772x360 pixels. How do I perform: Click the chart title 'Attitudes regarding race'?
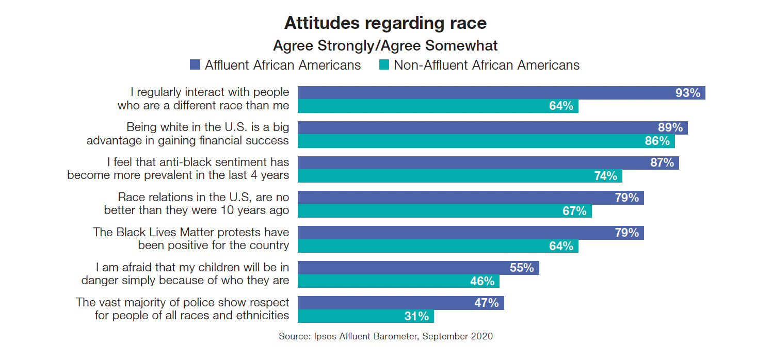point(385,23)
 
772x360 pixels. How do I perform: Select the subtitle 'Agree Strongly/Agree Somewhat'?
point(385,46)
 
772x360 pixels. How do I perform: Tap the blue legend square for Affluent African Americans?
point(195,65)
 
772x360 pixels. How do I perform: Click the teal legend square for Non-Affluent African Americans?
point(384,65)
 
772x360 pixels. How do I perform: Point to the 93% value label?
point(688,93)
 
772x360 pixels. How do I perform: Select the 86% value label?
point(657,141)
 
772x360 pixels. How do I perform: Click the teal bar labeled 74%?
point(459,176)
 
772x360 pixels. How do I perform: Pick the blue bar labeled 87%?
point(488,162)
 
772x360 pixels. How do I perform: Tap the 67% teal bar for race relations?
point(444,211)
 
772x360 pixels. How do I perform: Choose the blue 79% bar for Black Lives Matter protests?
point(470,233)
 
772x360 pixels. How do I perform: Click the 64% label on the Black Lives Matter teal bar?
point(561,246)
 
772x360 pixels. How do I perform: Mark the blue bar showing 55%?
point(418,268)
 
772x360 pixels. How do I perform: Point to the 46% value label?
point(482,281)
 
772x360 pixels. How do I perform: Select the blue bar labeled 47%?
point(400,303)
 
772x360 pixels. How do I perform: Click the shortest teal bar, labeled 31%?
point(365,316)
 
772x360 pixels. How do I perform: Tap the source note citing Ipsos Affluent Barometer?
point(385,336)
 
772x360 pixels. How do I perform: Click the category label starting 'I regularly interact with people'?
point(203,99)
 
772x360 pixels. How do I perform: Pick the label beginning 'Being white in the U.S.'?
point(188,134)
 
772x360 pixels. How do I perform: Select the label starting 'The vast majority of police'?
point(183,308)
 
